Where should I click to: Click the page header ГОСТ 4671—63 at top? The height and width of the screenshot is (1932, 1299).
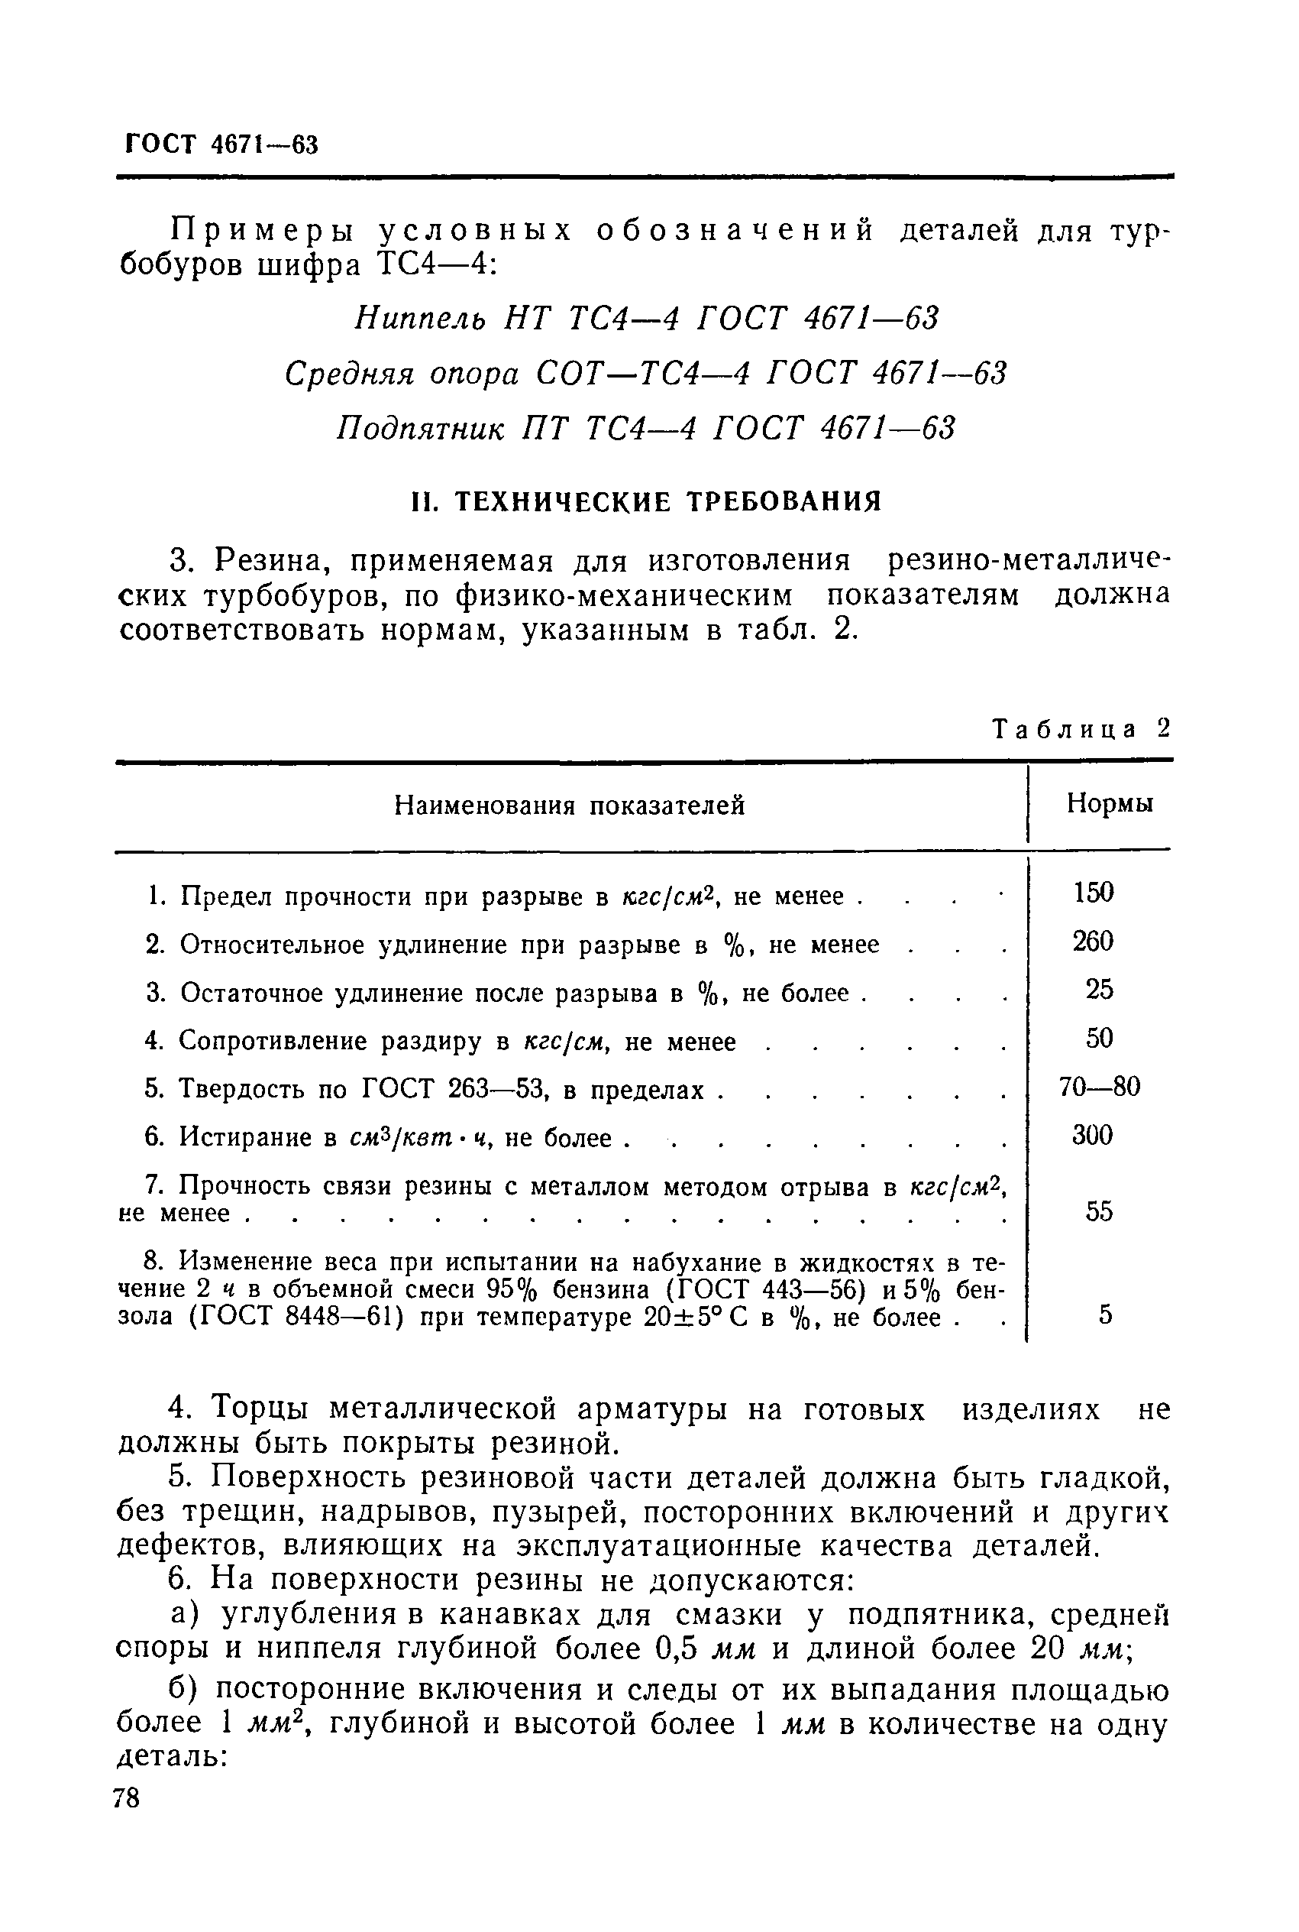(221, 144)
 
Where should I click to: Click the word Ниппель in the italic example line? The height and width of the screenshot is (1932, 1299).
(420, 317)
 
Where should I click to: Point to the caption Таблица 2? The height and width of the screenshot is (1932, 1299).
(1081, 728)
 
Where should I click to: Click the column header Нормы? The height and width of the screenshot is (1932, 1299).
(1110, 802)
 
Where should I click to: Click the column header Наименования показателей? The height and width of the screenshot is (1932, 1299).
(569, 805)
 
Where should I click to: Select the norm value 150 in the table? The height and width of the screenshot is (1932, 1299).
(1093, 893)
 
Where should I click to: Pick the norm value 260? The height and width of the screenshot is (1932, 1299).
(1093, 941)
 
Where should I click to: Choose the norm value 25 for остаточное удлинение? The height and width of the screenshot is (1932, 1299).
(1098, 989)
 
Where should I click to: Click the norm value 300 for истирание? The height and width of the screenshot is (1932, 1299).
(1093, 1135)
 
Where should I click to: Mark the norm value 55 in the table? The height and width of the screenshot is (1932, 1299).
(1098, 1212)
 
